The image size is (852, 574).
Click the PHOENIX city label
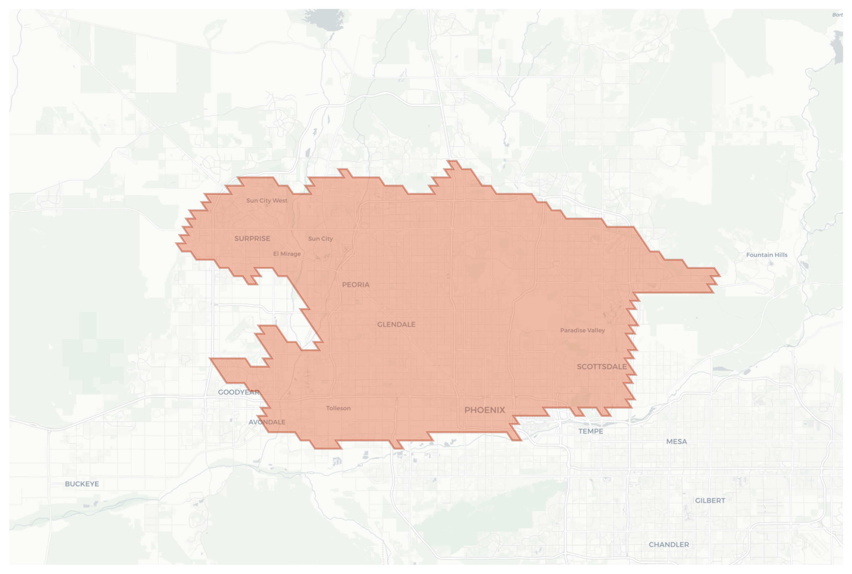pyautogui.click(x=485, y=410)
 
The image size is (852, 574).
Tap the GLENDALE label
pyautogui.click(x=396, y=324)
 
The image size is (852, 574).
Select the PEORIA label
pyautogui.click(x=355, y=284)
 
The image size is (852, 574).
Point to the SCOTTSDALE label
pyautogui.click(x=602, y=367)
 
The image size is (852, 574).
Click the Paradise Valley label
pyautogui.click(x=582, y=330)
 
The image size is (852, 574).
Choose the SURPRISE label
pyautogui.click(x=252, y=238)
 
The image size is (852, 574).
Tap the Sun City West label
pyautogui.click(x=267, y=200)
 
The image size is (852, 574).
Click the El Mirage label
pyautogui.click(x=287, y=254)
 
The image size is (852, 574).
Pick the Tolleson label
pyautogui.click(x=338, y=408)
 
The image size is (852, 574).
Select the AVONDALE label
pyautogui.click(x=267, y=422)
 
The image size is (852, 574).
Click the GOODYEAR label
pyautogui.click(x=239, y=392)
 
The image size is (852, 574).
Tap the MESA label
pyautogui.click(x=676, y=442)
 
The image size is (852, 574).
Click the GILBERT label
pyautogui.click(x=710, y=501)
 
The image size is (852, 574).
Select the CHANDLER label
pyautogui.click(x=669, y=544)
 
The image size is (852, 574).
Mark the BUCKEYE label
pyautogui.click(x=82, y=484)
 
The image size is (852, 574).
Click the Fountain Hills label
pyautogui.click(x=767, y=255)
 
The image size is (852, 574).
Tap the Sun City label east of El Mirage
pyautogui.click(x=320, y=238)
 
